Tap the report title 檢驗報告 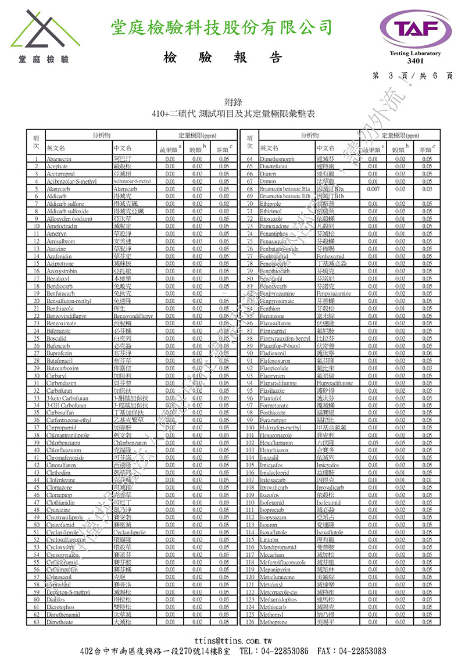[223, 58]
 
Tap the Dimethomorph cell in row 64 [278, 159]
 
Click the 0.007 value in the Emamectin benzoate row [373, 189]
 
